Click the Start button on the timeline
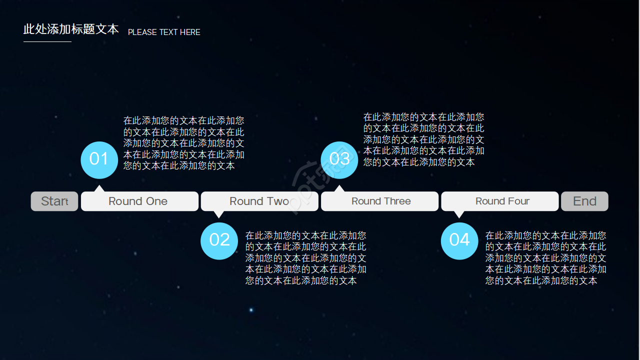(54, 201)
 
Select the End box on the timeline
(584, 201)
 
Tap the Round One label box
(139, 201)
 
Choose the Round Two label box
(259, 201)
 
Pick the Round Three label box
(380, 201)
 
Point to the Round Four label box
(500, 201)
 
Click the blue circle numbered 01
(99, 159)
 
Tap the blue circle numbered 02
(219, 240)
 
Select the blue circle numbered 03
(339, 159)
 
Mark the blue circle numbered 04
(459, 240)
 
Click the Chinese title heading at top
(71, 29)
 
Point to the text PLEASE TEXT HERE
(164, 32)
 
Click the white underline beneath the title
(47, 41)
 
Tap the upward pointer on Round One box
(99, 189)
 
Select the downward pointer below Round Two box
(218, 214)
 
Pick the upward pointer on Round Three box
(339, 189)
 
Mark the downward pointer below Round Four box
(459, 214)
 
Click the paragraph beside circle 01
(184, 143)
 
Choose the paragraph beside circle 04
(546, 258)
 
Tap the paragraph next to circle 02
(306, 258)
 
